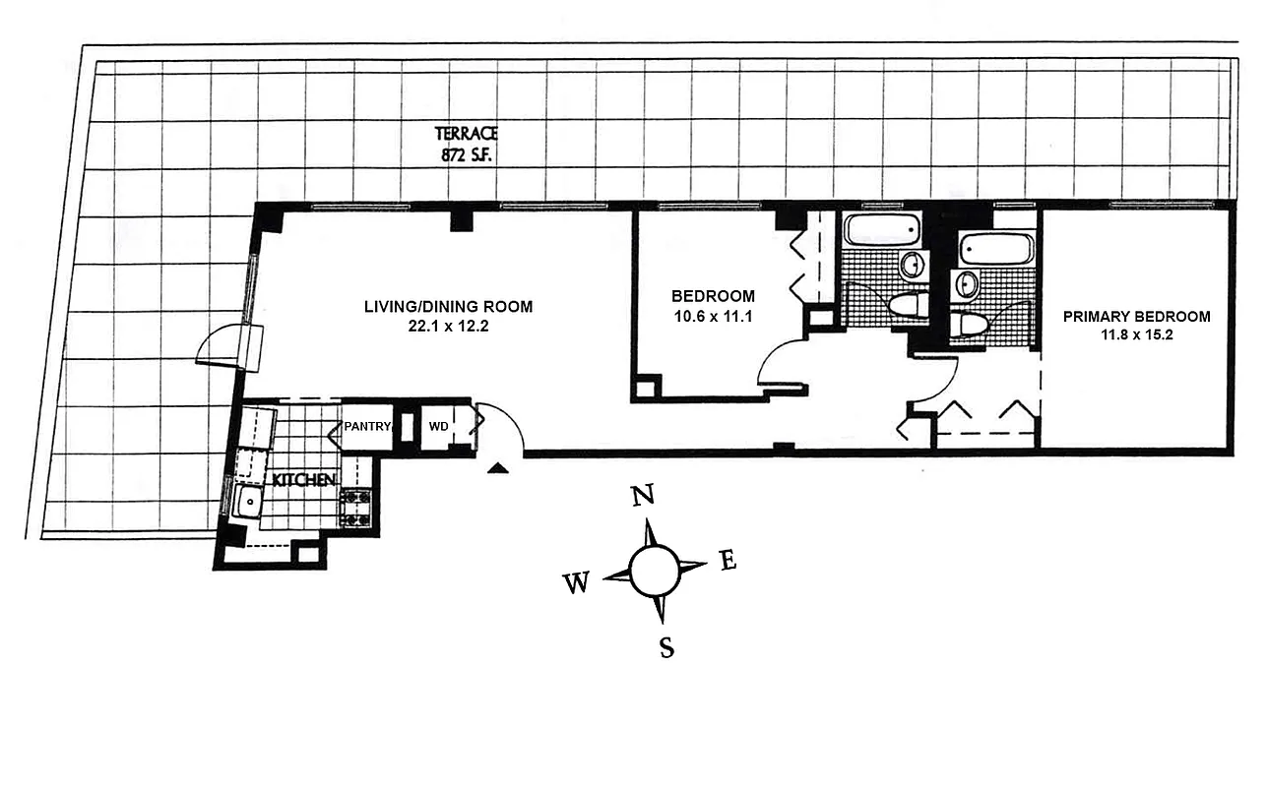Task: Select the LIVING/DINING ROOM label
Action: point(448,307)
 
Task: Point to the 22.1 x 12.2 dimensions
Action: point(448,327)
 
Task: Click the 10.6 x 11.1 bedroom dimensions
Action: point(713,316)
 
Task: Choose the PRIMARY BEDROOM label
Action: point(1136,317)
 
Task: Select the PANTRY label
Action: point(367,427)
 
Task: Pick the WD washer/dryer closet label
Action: point(438,427)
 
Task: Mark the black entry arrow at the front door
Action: point(499,468)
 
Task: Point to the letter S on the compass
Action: point(666,648)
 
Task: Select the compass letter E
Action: point(729,561)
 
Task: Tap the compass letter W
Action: point(576,584)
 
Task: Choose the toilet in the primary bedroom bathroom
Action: point(970,325)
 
